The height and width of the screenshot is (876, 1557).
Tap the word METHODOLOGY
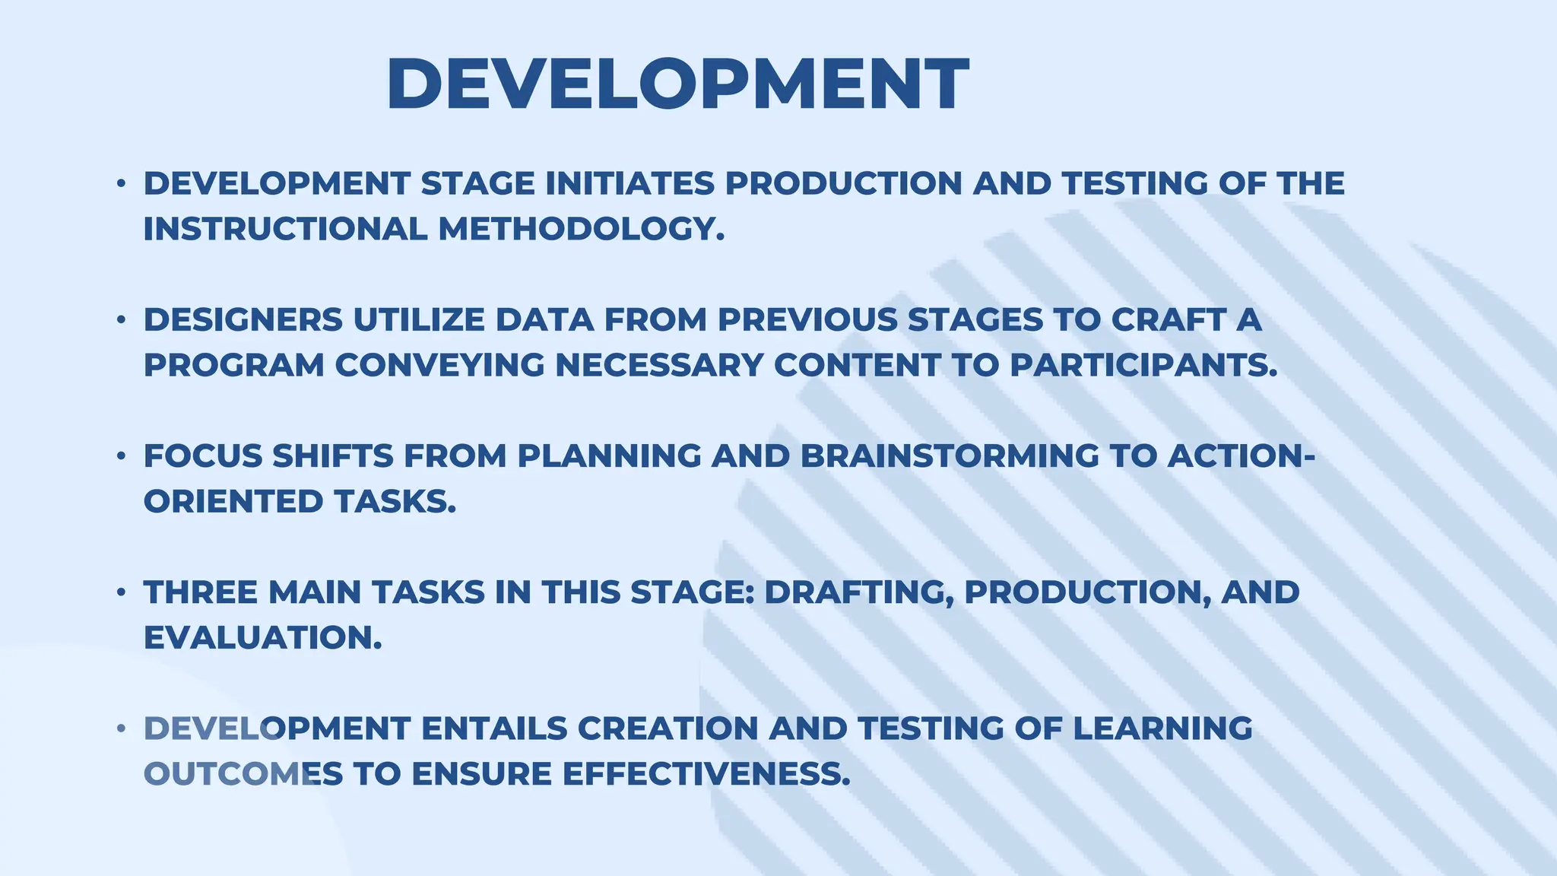[x=582, y=229]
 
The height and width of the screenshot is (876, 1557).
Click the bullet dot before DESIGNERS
[x=121, y=320]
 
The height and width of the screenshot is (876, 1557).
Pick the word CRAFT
[x=1168, y=320]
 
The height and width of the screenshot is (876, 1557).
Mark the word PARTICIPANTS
[x=1143, y=365]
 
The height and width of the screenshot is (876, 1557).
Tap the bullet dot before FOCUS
[x=121, y=456]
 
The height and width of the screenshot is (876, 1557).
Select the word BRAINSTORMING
[x=950, y=456]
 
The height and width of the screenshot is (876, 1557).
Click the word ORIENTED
[x=233, y=502]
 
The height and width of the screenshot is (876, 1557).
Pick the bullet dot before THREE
[x=121, y=592]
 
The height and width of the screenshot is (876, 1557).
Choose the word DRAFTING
[x=858, y=592]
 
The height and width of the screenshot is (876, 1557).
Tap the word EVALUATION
[x=262, y=638]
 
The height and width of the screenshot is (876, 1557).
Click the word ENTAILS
[x=494, y=728]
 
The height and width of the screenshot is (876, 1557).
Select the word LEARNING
[x=1162, y=728]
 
